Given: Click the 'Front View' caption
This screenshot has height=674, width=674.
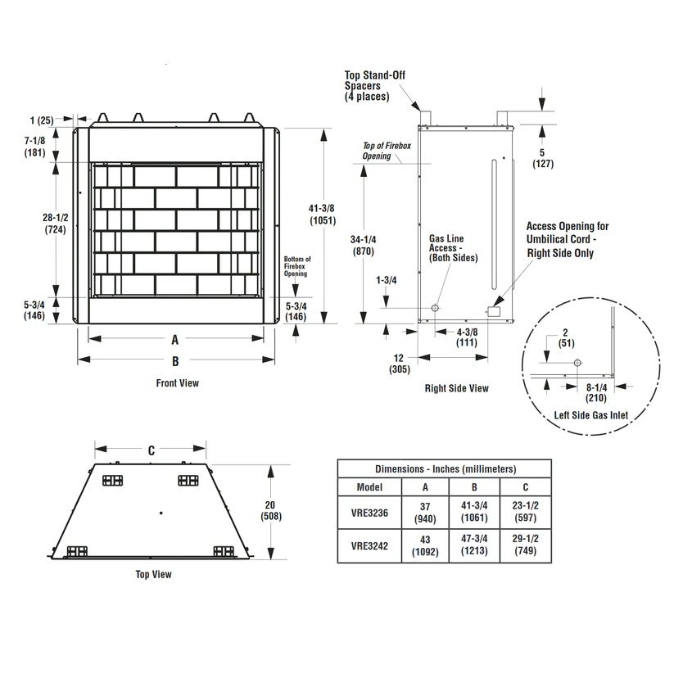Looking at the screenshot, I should pos(177,382).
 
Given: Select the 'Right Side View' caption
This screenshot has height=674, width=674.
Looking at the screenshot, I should pos(456,388).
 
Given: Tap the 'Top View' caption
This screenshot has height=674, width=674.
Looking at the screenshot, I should pos(153,574).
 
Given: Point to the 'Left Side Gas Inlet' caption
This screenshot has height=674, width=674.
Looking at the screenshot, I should pos(590,415).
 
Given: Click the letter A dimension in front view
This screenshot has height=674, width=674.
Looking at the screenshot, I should pos(174,337).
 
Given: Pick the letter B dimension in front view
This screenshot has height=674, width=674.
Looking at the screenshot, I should pos(174,360).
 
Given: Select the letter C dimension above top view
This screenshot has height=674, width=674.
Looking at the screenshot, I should pos(151,450).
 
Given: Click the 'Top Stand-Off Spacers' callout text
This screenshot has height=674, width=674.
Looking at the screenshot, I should pos(374,86).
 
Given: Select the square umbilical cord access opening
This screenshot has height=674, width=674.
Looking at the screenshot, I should pos(494,311).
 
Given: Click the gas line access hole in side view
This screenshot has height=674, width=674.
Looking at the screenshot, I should pos(434,308).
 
